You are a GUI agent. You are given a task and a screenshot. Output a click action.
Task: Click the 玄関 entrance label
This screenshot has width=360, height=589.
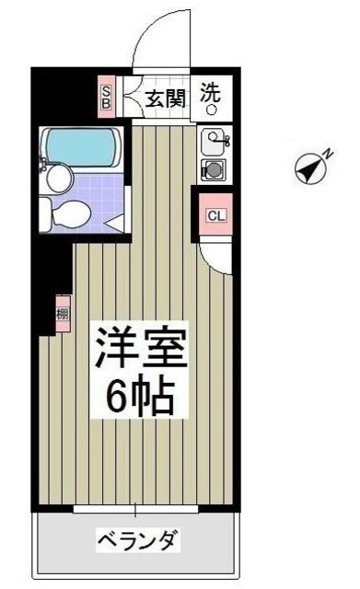pyautogui.click(x=167, y=95)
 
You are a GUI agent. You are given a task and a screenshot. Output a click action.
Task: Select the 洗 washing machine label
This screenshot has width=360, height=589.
pyautogui.click(x=212, y=92)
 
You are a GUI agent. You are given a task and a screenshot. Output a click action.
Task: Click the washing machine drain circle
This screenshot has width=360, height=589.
pyautogui.click(x=211, y=110)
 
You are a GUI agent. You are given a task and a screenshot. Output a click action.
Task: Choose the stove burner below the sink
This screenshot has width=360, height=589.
pyautogui.click(x=213, y=169)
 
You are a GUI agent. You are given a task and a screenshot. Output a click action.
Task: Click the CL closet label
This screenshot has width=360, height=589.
pyautogui.click(x=215, y=216)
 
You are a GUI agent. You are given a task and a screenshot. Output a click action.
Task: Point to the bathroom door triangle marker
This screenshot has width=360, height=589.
pyautogui.click(x=116, y=221)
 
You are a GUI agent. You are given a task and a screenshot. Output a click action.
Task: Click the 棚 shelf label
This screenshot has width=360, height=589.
pyautogui.click(x=62, y=314)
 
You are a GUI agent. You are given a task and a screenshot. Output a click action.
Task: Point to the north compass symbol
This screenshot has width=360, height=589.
pyautogui.click(x=311, y=168)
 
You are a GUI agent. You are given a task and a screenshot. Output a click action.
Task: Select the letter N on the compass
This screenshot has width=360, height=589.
pyautogui.click(x=326, y=156)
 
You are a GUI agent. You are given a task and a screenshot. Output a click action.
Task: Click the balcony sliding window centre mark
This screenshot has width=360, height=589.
pyautogui.click(x=136, y=509)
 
